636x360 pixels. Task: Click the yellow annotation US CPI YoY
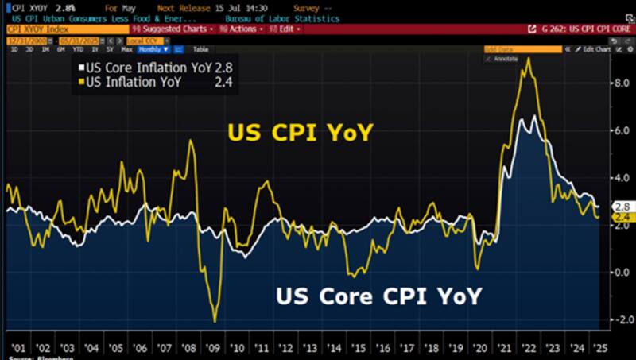(300, 133)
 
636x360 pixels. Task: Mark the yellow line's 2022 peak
(528, 58)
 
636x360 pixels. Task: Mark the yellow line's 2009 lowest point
(215, 321)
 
